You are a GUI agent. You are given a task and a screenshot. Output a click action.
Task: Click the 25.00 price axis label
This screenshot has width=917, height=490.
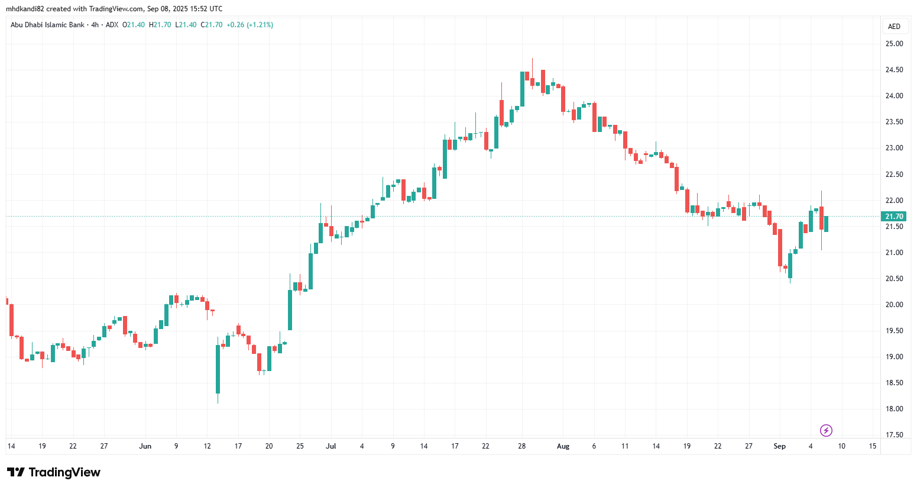pos(894,44)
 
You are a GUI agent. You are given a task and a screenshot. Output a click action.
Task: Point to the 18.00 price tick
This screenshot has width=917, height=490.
pos(894,409)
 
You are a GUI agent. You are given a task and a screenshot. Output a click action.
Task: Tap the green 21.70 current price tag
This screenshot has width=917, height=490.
pos(893,217)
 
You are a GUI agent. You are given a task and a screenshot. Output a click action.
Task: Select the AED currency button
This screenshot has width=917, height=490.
pos(894,27)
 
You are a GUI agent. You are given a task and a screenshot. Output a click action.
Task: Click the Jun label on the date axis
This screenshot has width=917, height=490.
pos(145,446)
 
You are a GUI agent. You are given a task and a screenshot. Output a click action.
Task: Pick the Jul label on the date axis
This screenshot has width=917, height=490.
pos(331,446)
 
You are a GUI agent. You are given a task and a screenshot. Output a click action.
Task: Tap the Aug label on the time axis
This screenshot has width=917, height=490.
pos(563,446)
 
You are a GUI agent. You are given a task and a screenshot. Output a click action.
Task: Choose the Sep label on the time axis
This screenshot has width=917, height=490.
pos(780,446)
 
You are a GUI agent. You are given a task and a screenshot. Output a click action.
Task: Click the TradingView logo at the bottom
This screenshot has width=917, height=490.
pos(54,472)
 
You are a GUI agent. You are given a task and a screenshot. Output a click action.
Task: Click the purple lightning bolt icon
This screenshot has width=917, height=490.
pos(827,430)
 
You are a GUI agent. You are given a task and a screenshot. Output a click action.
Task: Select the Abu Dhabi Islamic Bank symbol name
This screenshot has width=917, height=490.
pos(47,25)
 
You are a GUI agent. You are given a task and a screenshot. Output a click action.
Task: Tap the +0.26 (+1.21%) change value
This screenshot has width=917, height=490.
pos(249,25)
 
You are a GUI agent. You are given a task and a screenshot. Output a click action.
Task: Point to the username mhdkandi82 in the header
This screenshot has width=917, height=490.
pos(25,9)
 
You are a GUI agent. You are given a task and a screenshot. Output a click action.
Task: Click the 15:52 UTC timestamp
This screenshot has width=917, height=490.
pos(206,9)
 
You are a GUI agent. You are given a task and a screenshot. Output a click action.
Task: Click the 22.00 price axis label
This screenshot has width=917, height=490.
pos(894,201)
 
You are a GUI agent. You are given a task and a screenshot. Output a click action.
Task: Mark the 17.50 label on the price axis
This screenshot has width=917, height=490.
pos(894,435)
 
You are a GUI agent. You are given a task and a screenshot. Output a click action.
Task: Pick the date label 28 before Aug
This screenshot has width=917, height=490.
pos(521,446)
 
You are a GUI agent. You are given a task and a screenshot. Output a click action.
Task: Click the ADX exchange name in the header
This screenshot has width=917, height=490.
pos(112,25)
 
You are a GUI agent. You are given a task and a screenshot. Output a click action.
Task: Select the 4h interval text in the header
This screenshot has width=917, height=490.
pos(95,25)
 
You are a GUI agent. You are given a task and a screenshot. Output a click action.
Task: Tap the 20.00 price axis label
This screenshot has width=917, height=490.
pos(894,305)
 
